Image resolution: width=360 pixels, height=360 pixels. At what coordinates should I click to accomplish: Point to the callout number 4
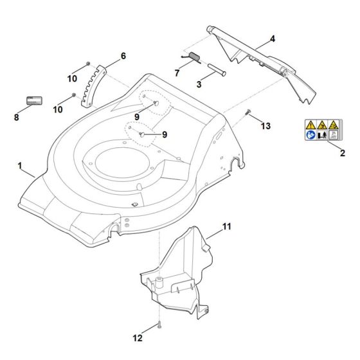[x=272, y=39]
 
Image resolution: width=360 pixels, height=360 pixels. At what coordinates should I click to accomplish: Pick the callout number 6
[x=123, y=56]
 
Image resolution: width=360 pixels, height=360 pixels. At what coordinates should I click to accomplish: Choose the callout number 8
[x=16, y=118]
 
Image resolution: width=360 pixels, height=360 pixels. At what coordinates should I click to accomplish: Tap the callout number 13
[x=265, y=127]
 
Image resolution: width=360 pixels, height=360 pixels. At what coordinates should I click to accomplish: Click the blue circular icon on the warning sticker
[x=311, y=137]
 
